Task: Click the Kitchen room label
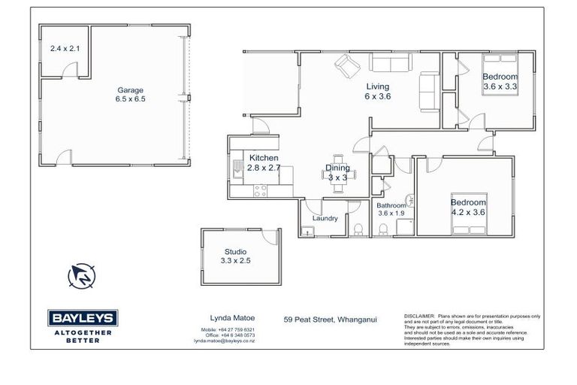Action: [264, 158]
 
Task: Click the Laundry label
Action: [323, 219]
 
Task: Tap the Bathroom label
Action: [391, 205]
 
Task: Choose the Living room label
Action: [378, 86]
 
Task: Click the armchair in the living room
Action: [346, 66]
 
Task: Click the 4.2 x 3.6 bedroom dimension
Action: [468, 212]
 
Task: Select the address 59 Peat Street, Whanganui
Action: [331, 319]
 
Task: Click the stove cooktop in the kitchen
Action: [260, 191]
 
